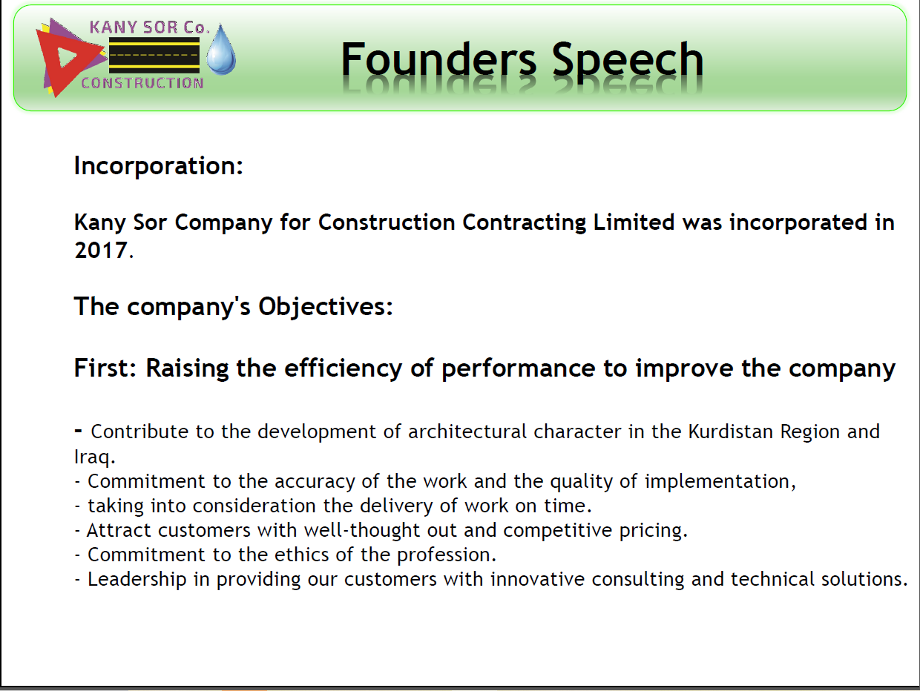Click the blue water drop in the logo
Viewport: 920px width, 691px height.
tap(221, 50)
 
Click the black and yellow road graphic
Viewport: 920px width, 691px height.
tap(154, 56)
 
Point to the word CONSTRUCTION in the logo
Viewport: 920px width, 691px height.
tap(142, 83)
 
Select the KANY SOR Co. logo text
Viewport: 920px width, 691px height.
tap(149, 27)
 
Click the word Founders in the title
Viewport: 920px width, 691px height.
tap(438, 59)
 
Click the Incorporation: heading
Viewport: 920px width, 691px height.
tap(159, 166)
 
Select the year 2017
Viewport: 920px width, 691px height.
tap(101, 250)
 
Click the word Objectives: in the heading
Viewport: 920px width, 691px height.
tap(325, 307)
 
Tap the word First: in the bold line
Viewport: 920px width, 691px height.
tap(105, 368)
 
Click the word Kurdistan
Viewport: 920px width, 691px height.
tap(731, 432)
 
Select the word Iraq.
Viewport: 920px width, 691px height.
tap(94, 457)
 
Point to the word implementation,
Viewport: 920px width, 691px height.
tap(720, 482)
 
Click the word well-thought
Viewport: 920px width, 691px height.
tap(362, 530)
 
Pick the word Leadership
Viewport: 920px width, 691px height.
tap(137, 580)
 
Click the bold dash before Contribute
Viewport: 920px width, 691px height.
tap(78, 430)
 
